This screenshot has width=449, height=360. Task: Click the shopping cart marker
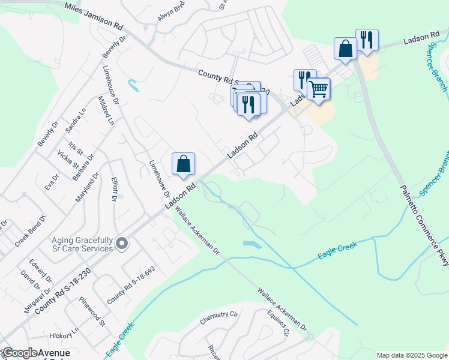click(318, 89)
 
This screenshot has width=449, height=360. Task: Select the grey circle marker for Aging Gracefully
click(122, 244)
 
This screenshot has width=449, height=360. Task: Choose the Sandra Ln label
click(76, 120)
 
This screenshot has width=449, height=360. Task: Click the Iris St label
click(75, 148)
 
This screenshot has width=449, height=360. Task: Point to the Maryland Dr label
click(87, 188)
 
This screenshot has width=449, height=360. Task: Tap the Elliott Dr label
click(114, 189)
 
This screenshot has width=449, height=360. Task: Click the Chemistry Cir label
click(220, 316)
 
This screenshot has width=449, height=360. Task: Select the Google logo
click(21, 353)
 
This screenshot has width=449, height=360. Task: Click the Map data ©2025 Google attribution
click(412, 355)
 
